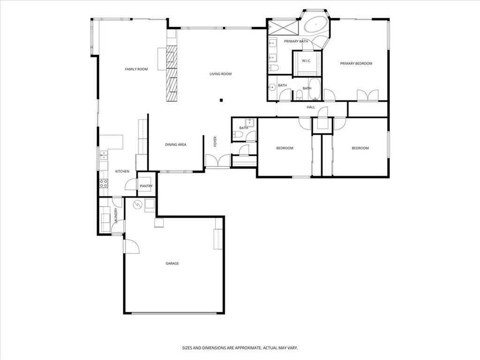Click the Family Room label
click(136, 69)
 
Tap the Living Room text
click(220, 74)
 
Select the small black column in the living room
click(222, 99)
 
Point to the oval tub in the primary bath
click(317, 24)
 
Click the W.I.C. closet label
click(307, 61)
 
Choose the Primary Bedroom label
click(356, 64)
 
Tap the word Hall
click(310, 108)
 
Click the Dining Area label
click(175, 145)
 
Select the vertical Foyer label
click(215, 141)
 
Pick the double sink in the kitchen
click(103, 155)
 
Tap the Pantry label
click(146, 186)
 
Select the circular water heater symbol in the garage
click(137, 204)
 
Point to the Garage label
click(172, 263)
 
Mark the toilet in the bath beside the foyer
click(239, 135)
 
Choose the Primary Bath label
click(296, 42)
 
